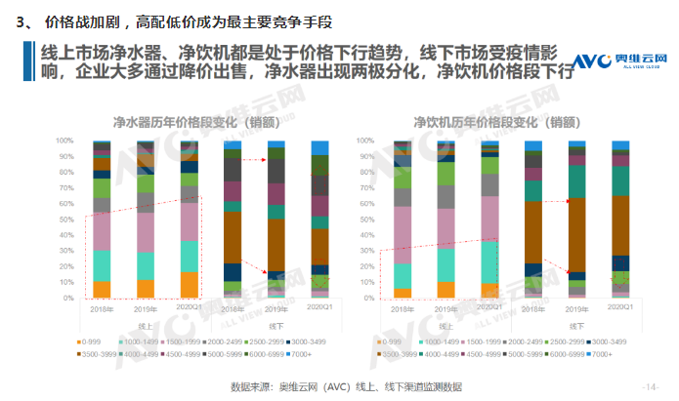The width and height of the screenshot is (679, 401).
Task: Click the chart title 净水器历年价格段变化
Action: [192, 122]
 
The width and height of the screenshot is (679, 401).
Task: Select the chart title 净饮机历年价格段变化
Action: [490, 122]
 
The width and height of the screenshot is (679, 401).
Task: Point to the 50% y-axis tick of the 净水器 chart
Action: [66, 220]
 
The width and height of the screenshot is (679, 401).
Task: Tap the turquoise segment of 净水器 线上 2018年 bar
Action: [102, 265]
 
